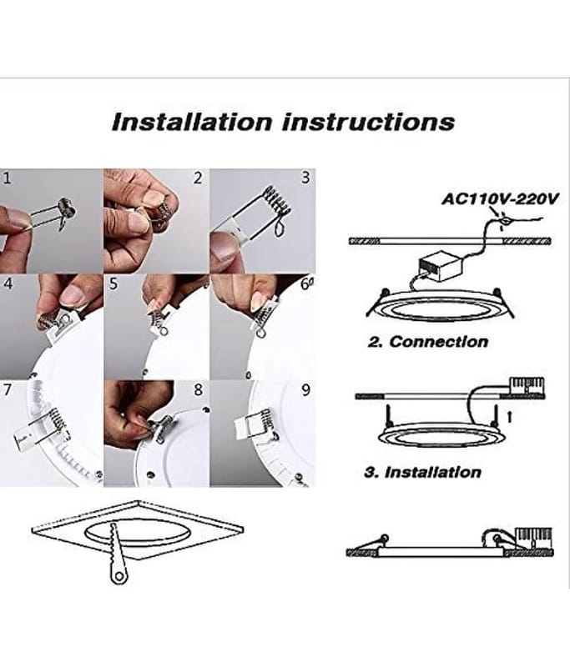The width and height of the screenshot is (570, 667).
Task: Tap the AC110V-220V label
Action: [501, 199]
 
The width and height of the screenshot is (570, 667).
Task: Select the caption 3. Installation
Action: [423, 472]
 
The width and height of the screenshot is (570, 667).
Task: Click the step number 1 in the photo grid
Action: [8, 177]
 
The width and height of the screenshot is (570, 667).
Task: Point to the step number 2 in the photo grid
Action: [198, 177]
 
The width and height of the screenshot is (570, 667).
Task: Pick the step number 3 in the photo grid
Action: [305, 177]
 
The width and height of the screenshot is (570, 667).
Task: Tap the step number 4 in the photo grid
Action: [8, 283]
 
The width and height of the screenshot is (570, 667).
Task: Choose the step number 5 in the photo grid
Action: [114, 283]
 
